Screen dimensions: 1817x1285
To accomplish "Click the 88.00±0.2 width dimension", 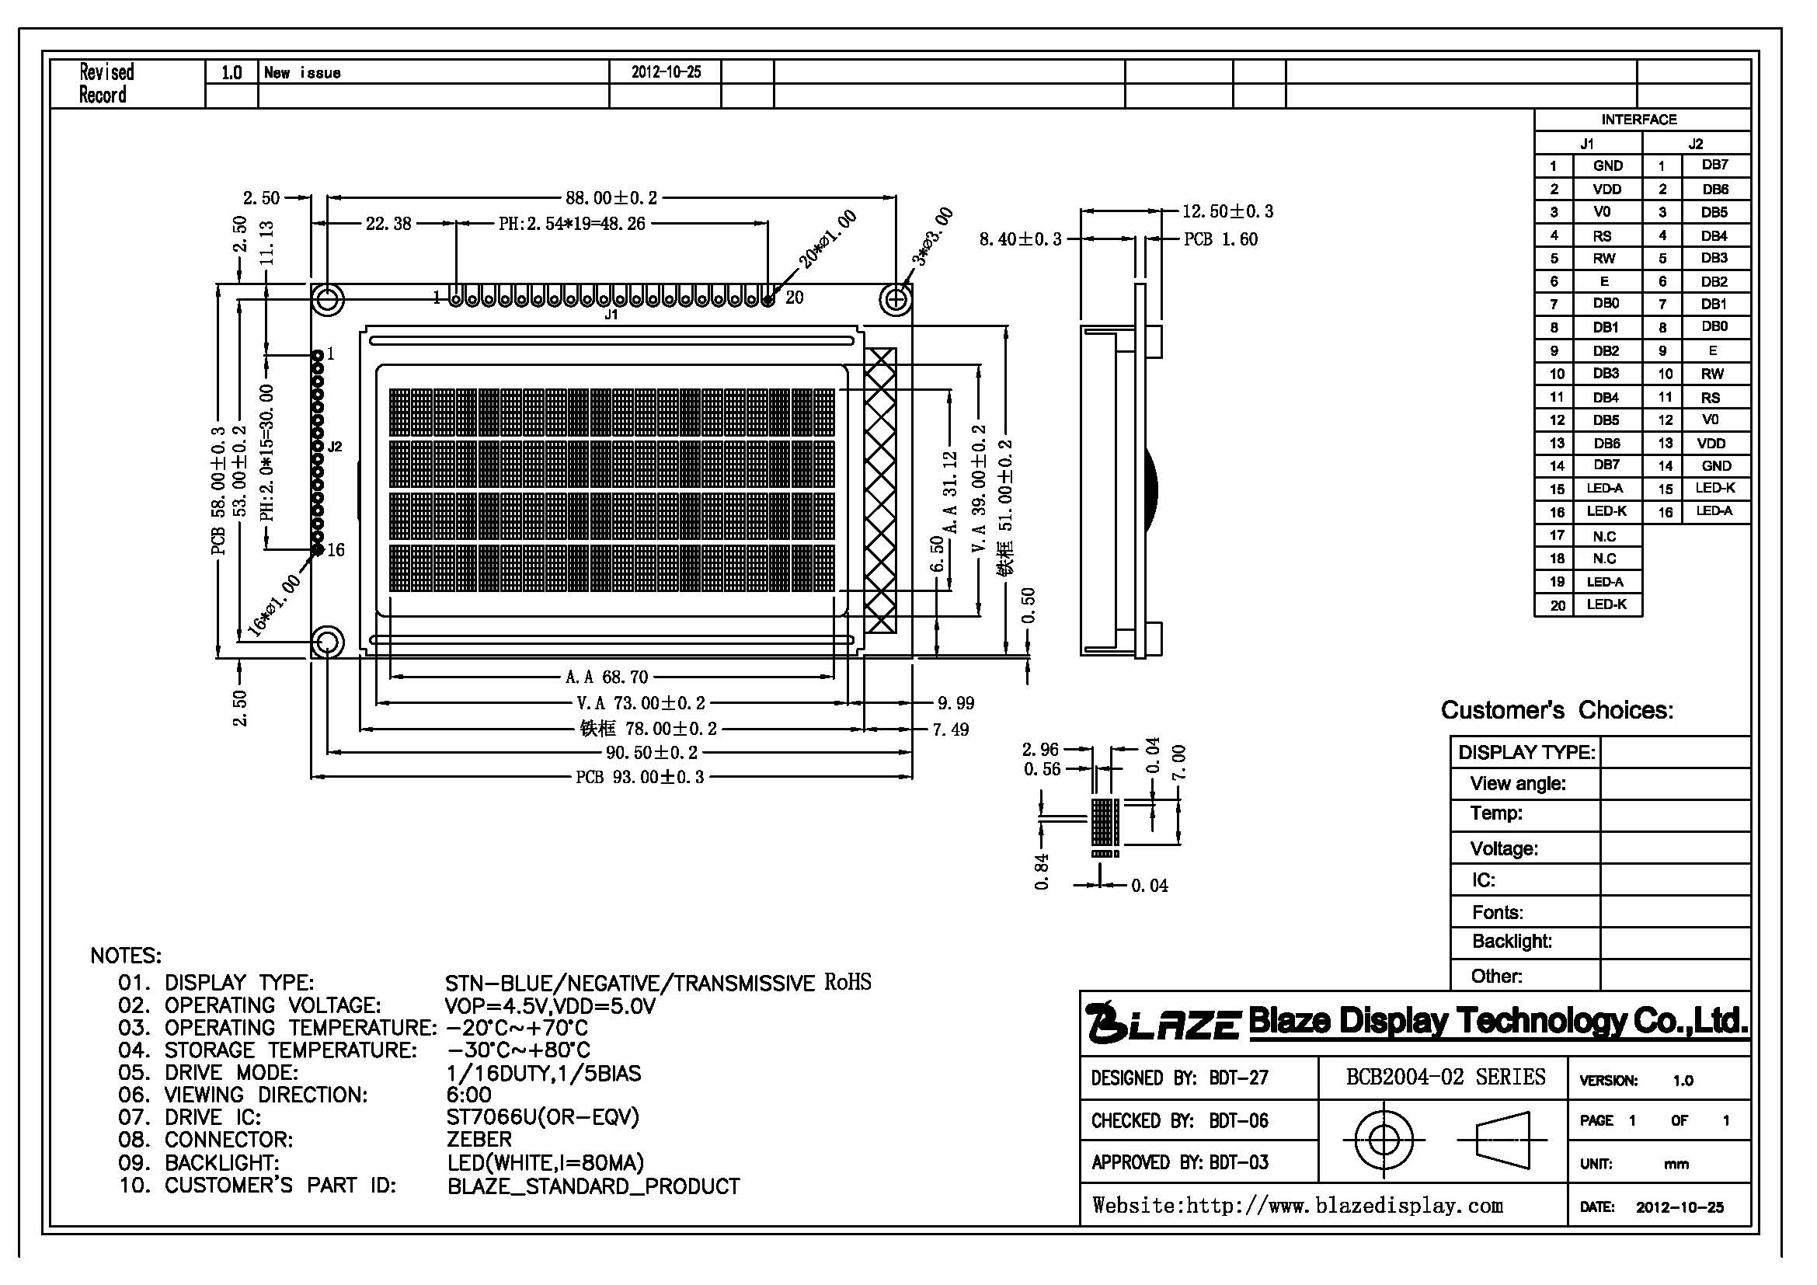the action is pyautogui.click(x=610, y=197).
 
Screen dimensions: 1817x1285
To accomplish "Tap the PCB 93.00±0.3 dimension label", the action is pyautogui.click(x=639, y=777).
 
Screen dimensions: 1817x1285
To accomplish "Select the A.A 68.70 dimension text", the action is pyautogui.click(x=606, y=677).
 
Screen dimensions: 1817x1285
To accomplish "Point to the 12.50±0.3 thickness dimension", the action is pyautogui.click(x=1227, y=211).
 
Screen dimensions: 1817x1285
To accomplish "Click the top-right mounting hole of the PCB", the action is pyautogui.click(x=896, y=300).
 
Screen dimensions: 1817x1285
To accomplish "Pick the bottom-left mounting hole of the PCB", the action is pyautogui.click(x=328, y=642).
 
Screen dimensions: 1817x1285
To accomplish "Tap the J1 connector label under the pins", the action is pyautogui.click(x=611, y=315).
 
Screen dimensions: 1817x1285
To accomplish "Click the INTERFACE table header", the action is pyautogui.click(x=1639, y=120).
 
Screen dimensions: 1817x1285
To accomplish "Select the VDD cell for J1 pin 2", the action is pyautogui.click(x=1606, y=189).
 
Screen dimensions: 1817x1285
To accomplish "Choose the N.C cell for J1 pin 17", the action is pyautogui.click(x=1604, y=536).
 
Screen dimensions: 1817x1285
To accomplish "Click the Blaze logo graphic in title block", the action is pyautogui.click(x=1161, y=1022).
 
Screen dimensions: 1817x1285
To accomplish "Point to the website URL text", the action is pyautogui.click(x=1297, y=1205).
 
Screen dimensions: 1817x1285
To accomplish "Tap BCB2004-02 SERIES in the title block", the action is pyautogui.click(x=1445, y=1077).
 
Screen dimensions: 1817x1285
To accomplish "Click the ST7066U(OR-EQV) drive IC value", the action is pyautogui.click(x=543, y=1116).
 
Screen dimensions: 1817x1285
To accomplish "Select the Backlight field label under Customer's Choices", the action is pyautogui.click(x=1512, y=941).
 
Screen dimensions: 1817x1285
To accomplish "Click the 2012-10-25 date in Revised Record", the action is pyautogui.click(x=667, y=72).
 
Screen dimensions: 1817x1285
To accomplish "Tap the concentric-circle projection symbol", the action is pyautogui.click(x=1384, y=1140).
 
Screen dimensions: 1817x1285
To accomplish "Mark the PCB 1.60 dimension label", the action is pyautogui.click(x=1220, y=239).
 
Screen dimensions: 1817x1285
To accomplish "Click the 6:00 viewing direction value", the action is pyautogui.click(x=468, y=1095).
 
